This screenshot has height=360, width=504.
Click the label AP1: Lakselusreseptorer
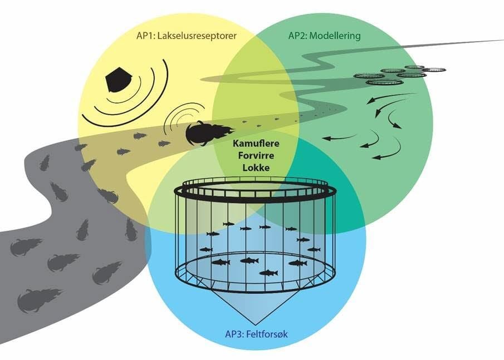[186, 36]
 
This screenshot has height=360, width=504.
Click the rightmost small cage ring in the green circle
[434, 70]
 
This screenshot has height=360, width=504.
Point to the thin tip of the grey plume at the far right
[498, 41]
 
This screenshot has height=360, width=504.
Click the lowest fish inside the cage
[269, 273]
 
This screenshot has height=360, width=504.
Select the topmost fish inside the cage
[228, 224]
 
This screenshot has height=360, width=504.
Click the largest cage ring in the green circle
[384, 82]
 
